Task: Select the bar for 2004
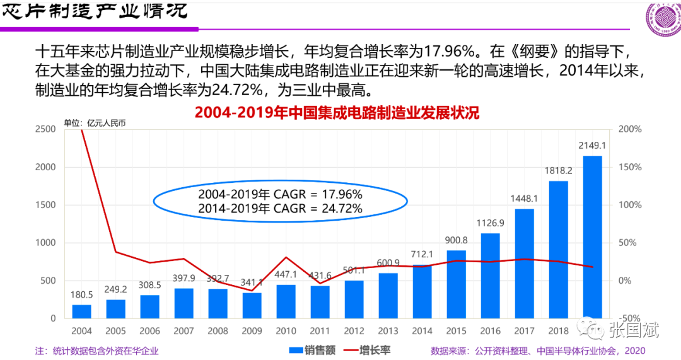[x=82, y=311]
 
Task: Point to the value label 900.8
[x=456, y=240]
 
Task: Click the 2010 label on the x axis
[x=286, y=331]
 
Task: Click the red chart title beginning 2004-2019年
[x=337, y=113]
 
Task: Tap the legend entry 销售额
[x=312, y=351]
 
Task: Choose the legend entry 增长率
[x=373, y=351]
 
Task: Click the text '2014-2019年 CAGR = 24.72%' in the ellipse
[x=280, y=208]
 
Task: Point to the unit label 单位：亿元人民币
[x=95, y=123]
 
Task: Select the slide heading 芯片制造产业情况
[x=95, y=11]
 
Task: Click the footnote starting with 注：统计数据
[x=97, y=351]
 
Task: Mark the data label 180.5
[x=81, y=294]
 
